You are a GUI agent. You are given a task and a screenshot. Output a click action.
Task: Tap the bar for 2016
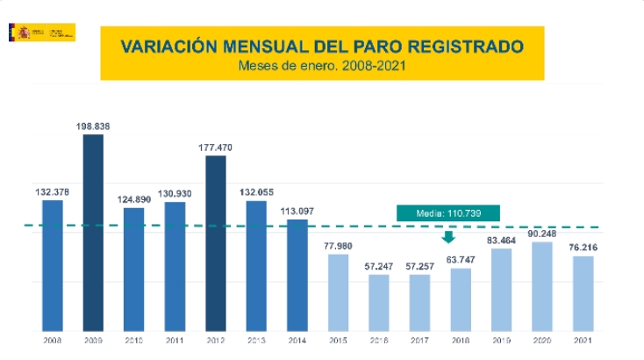coord(378,299)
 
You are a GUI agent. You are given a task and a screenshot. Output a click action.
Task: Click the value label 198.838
coord(93,126)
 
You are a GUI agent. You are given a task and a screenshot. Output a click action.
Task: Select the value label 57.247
coord(378,264)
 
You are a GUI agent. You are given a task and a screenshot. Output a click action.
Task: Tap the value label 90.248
coord(542,233)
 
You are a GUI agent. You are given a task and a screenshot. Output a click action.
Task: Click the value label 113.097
coord(297,211)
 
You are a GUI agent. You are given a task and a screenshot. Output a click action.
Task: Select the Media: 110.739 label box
coord(447,212)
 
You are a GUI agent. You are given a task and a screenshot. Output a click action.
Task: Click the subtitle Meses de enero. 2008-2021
coord(322,65)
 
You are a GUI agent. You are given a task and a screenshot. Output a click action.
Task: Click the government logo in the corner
coord(41,32)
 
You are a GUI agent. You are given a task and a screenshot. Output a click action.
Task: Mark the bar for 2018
coord(461,295)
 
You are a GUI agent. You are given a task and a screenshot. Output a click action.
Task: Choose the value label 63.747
coord(461,259)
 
